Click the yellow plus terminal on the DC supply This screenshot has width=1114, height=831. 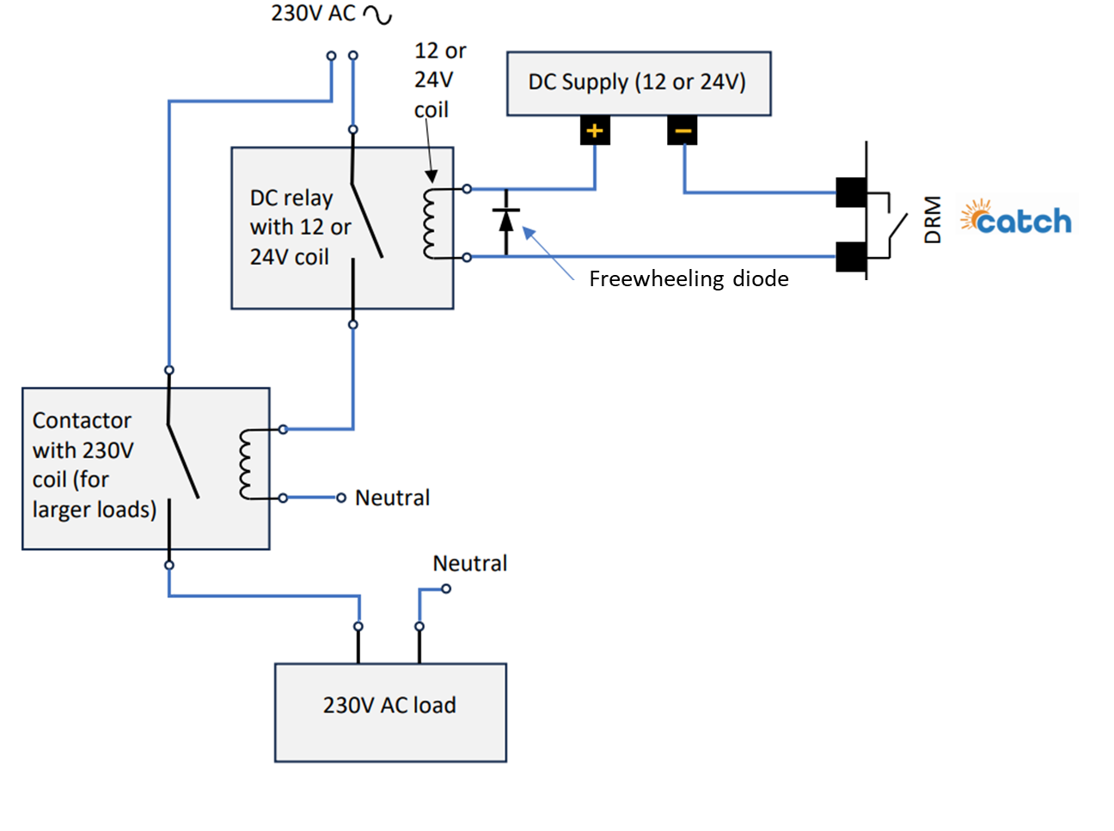pos(594,131)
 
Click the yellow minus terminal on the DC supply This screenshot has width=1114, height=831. pos(682,131)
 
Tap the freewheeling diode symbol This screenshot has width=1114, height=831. pos(505,221)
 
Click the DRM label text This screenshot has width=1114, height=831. pos(932,220)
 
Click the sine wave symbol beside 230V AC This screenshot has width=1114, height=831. pos(377,15)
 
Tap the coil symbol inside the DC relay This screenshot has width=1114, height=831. pos(430,223)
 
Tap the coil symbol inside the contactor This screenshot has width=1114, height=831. pos(246,464)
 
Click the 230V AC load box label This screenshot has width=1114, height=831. pos(389,706)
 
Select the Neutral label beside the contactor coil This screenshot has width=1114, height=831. pos(392,498)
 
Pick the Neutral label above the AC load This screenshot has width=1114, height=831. pos(469,564)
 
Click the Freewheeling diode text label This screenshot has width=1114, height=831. pos(689,279)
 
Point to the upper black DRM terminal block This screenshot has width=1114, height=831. pos(851,192)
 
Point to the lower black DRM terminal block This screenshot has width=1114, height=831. pos(851,257)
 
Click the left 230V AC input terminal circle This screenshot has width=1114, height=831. pos(331,56)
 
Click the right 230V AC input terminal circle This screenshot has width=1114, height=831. pos(353,55)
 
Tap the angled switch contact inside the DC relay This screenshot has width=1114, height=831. pos(366,220)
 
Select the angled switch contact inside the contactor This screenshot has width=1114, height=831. pos(183,461)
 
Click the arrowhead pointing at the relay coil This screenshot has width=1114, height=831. pos(431,176)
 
